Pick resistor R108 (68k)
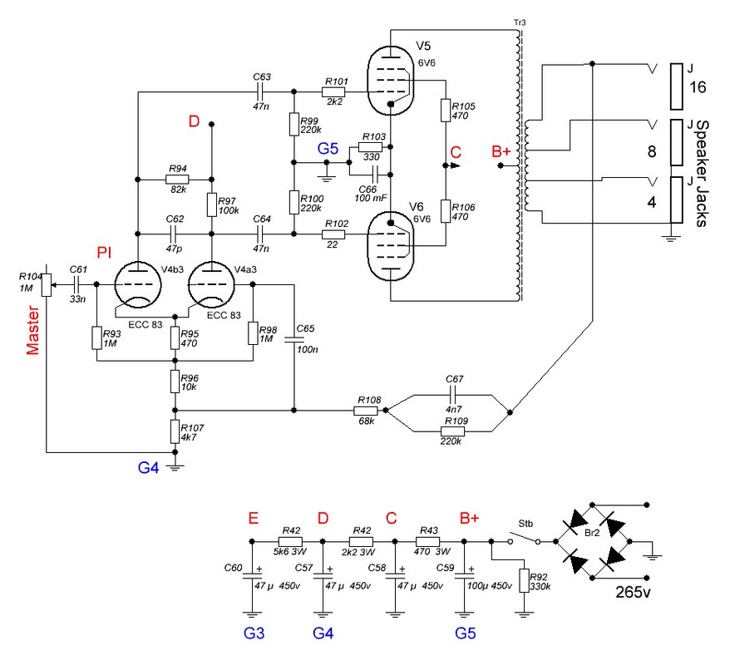tap(366, 411)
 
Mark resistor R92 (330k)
tap(523, 580)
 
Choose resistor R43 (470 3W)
tap(431, 540)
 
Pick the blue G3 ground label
tap(254, 634)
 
